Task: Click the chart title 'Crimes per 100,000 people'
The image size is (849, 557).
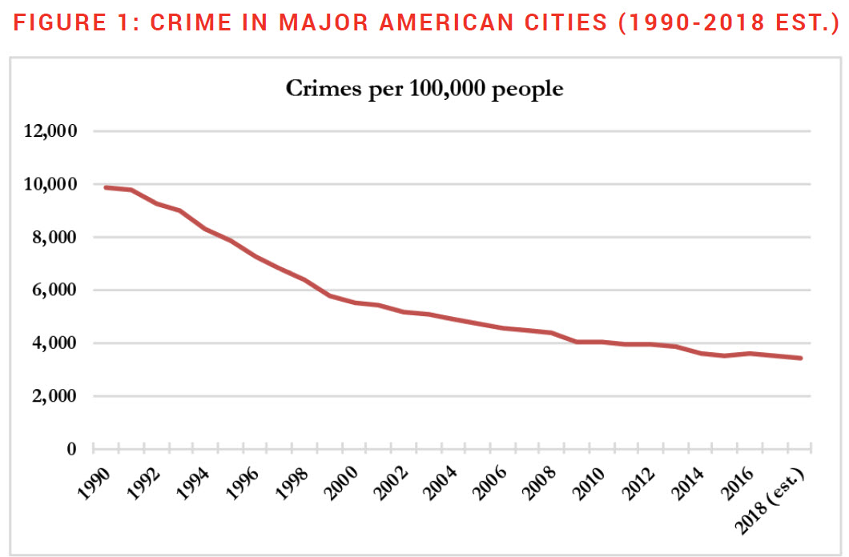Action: [x=424, y=89]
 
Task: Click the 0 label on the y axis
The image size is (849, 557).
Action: [x=71, y=449]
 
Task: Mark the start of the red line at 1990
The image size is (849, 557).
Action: [x=106, y=187]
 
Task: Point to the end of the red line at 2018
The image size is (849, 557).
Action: [x=801, y=358]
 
